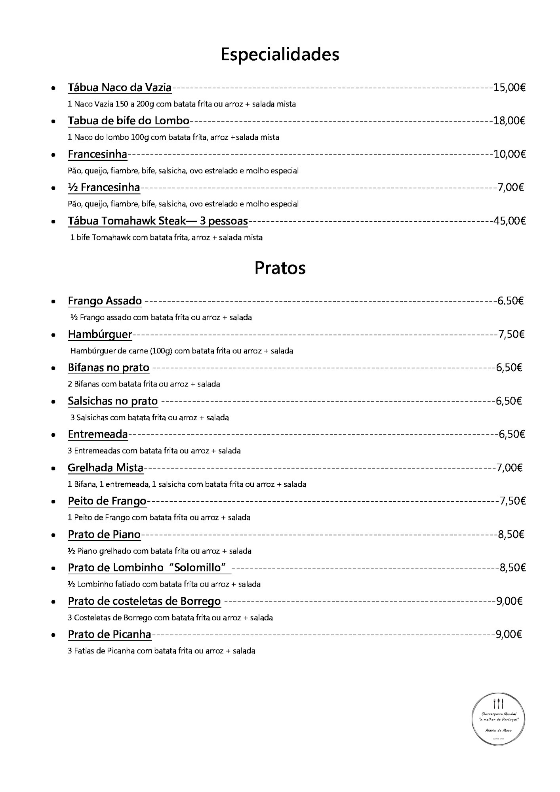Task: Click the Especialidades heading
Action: [x=280, y=54]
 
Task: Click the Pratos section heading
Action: [x=280, y=268]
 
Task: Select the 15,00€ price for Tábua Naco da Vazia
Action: [x=509, y=88]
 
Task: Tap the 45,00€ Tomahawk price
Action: [x=509, y=221]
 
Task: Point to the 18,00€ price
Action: [x=509, y=121]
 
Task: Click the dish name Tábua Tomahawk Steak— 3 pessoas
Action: [x=158, y=221]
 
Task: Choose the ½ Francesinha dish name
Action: [x=104, y=187]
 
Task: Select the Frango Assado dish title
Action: [x=105, y=301]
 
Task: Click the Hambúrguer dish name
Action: [x=99, y=335]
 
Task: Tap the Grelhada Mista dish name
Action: [x=105, y=468]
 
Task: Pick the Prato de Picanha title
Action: [x=109, y=634]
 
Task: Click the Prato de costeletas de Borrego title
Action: [x=144, y=601]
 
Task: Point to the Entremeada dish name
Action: [x=98, y=434]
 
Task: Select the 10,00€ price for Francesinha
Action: [x=509, y=154]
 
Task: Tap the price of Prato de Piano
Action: [x=511, y=535]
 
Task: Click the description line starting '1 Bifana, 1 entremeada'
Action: [x=187, y=484]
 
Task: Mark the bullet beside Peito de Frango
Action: [x=53, y=502]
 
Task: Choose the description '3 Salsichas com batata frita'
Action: [x=149, y=417]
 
